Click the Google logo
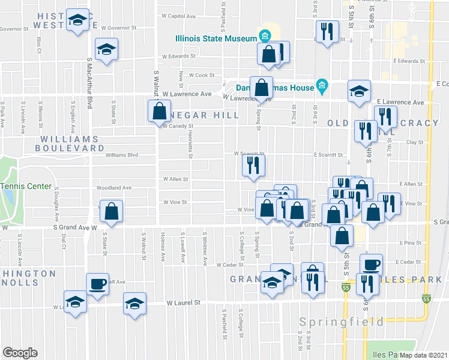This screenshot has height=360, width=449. (20, 353)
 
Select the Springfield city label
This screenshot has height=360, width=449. (342, 322)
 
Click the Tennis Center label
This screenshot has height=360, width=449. (26, 186)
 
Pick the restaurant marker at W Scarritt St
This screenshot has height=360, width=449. (253, 166)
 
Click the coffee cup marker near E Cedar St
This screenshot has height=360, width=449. (371, 265)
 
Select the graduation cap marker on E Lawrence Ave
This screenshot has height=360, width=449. (359, 91)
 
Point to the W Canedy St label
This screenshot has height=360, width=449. (177, 126)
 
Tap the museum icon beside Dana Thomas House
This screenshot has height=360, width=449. (322, 88)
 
